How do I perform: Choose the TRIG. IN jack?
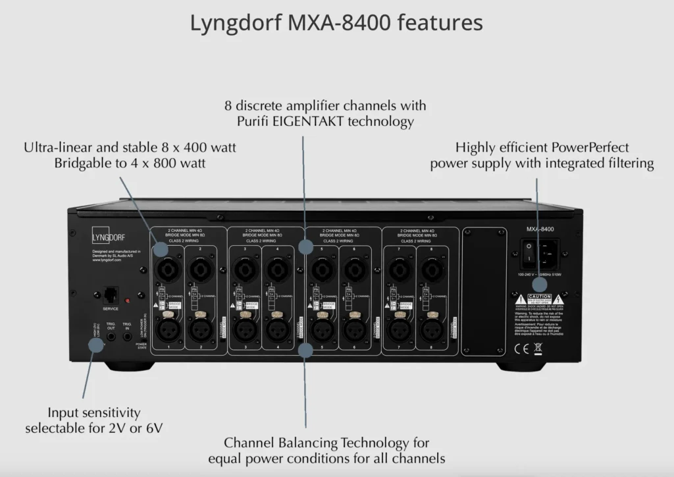(128, 337)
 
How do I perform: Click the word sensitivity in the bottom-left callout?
(109, 413)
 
